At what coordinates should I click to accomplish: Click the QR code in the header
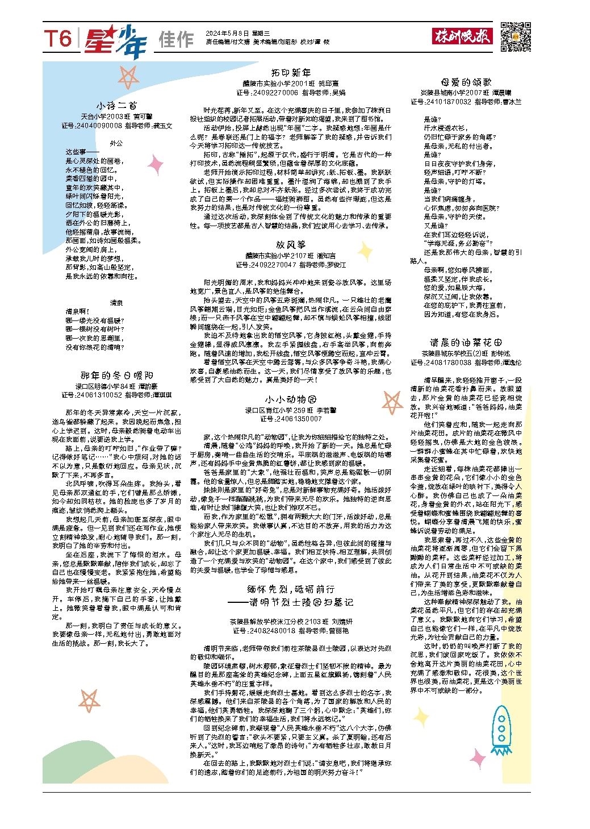(516, 37)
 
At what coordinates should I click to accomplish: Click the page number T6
(58, 39)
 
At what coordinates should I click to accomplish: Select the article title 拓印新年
(291, 73)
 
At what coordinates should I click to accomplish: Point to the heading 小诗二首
(116, 106)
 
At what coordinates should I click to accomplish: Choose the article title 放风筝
(290, 244)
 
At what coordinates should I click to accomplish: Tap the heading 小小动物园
(290, 399)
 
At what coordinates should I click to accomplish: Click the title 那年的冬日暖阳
(116, 376)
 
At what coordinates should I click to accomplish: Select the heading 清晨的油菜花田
(466, 343)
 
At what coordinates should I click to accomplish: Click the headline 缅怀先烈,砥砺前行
(291, 589)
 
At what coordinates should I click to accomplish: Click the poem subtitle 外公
(116, 144)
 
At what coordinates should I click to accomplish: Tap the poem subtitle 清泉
(116, 303)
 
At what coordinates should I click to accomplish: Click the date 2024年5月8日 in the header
(226, 34)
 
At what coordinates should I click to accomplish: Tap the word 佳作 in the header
(176, 40)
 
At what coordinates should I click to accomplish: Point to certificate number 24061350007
(299, 419)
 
